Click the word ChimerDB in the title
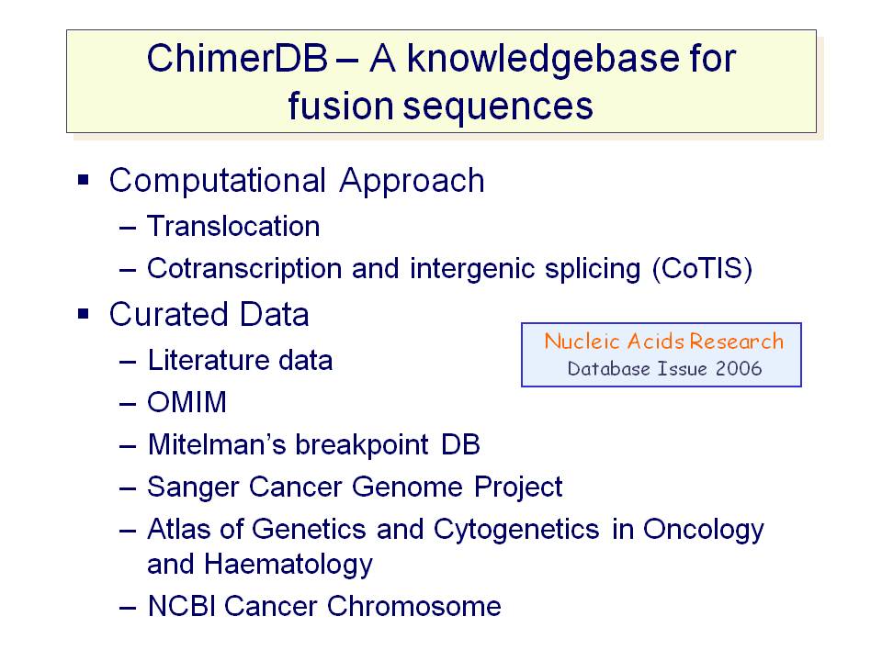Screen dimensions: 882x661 point(237,59)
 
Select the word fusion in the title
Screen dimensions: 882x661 point(340,105)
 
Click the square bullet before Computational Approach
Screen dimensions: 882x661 point(84,180)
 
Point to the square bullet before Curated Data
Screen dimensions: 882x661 point(84,313)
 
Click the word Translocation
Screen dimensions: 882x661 point(233,226)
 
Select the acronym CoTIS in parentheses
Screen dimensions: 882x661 point(703,268)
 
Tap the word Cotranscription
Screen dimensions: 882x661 point(244,269)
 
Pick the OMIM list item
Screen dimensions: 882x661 point(187,402)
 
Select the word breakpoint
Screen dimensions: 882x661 point(362,444)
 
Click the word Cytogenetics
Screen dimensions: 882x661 point(516,530)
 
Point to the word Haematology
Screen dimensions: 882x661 point(288,565)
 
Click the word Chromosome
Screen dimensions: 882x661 point(414,606)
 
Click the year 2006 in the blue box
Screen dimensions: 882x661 point(739,369)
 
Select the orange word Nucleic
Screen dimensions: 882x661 point(582,342)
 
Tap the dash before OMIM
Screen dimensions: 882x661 point(128,403)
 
